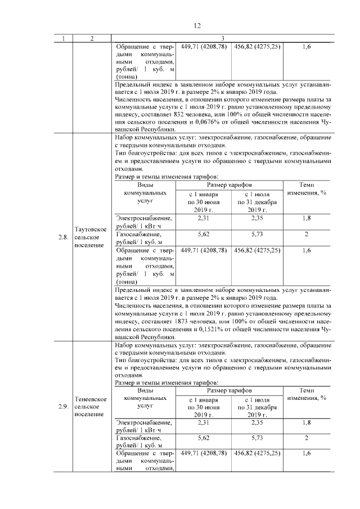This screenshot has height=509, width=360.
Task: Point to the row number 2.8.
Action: [63, 237]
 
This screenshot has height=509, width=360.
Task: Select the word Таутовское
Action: [91, 229]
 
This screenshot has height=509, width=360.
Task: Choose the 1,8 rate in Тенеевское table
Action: [306, 422]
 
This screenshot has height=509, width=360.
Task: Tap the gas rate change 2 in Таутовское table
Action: [306, 233]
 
